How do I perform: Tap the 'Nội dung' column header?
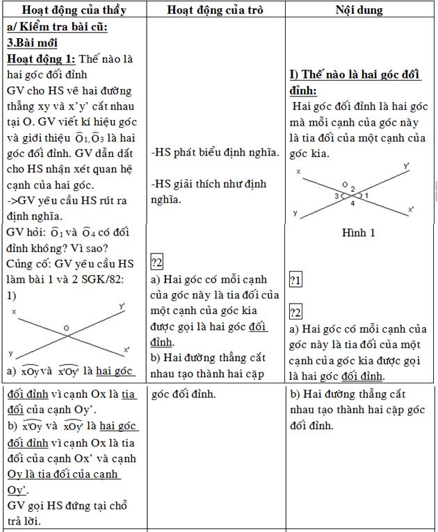pyautogui.click(x=359, y=10)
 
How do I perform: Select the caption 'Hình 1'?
pyautogui.click(x=359, y=233)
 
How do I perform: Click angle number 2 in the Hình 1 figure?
pyautogui.click(x=352, y=189)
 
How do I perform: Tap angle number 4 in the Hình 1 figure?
pyautogui.click(x=352, y=203)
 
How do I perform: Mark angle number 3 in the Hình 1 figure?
pyautogui.click(x=336, y=197)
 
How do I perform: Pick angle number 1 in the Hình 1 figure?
pyautogui.click(x=367, y=196)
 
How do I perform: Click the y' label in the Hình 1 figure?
pyautogui.click(x=406, y=167)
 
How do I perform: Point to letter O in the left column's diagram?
pyautogui.click(x=67, y=328)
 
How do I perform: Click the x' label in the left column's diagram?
pyautogui.click(x=126, y=349)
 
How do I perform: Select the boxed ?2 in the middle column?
pyautogui.click(x=156, y=263)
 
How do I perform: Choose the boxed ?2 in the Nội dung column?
pyautogui.click(x=295, y=310)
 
